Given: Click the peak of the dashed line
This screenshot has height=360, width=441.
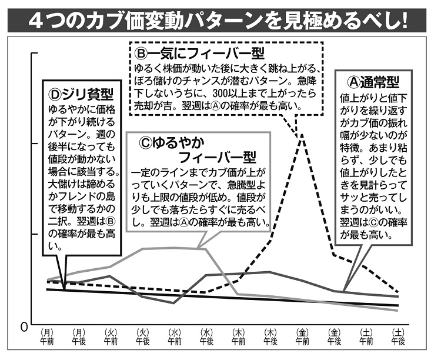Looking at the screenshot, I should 302,135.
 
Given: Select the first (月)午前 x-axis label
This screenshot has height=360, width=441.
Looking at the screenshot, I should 47,336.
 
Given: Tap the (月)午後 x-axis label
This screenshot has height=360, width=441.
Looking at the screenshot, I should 79,336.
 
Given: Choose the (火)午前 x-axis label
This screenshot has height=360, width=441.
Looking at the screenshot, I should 111,336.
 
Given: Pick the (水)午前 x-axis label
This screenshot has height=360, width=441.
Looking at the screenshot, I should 175,336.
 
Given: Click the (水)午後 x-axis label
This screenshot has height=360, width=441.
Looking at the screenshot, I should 206,336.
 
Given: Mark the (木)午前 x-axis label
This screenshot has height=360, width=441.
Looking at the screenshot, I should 238,336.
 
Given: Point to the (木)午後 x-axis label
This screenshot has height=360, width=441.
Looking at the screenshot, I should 270,336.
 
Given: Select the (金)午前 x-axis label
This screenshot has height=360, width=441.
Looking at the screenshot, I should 302,336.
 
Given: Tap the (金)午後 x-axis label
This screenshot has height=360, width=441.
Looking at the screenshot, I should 334,336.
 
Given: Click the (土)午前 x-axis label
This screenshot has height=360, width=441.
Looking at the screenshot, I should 366,336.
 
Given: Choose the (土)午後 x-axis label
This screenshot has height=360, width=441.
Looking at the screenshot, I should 398,336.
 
